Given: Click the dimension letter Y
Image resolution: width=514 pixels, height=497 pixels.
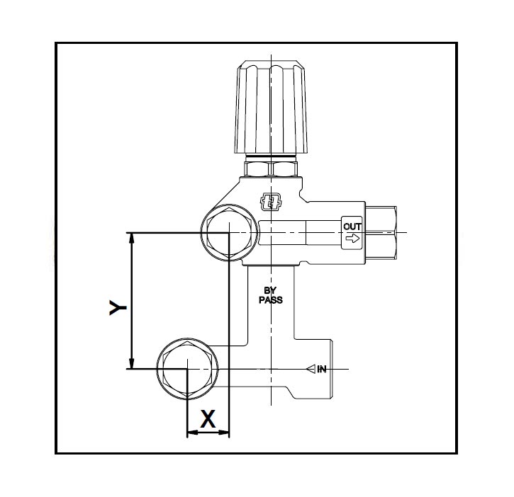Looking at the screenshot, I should coord(117,307).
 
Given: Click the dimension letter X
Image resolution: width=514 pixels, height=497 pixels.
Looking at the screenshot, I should coord(208,418).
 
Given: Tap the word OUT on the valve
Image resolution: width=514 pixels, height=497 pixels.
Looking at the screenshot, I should coord(352,227).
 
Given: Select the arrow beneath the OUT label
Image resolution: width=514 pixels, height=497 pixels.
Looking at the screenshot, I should coord(352,239).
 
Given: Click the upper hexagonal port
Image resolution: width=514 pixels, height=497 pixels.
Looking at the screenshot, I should coord(227,233).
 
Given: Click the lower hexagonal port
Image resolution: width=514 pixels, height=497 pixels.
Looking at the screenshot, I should coord(186,368).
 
